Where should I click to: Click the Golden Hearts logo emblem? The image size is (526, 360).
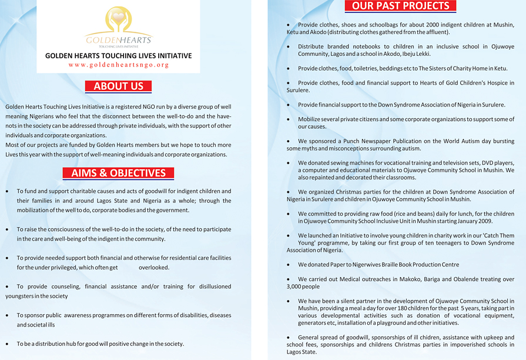(x=119, y=20)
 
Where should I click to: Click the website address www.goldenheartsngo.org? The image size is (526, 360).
(x=119, y=65)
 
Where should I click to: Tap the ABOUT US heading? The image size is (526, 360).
(x=119, y=86)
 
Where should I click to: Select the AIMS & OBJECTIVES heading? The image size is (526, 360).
(x=119, y=173)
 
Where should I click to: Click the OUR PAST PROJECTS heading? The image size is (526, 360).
(x=400, y=6)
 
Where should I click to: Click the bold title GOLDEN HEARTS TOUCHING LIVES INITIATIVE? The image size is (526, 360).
(x=119, y=56)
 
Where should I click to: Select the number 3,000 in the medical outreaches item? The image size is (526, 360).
(x=294, y=286)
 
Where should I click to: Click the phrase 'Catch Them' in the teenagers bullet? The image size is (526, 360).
(x=498, y=235)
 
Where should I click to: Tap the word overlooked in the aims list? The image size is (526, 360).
(x=154, y=268)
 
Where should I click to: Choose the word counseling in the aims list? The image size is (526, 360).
(x=62, y=286)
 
